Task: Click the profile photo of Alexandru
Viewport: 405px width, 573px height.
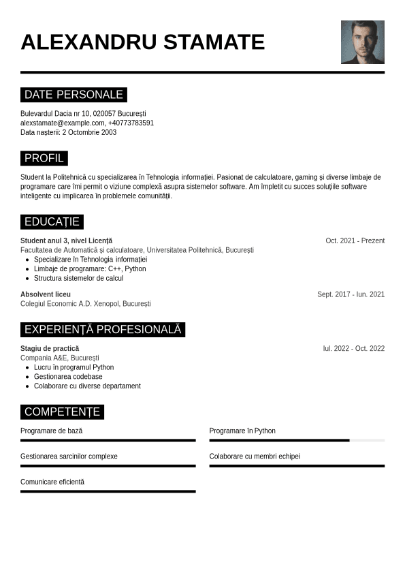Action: (362, 42)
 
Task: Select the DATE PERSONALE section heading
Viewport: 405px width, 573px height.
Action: (74, 95)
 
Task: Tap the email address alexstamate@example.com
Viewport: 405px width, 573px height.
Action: (63, 123)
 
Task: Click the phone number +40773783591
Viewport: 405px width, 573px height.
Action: (131, 123)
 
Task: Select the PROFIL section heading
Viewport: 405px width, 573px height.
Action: (44, 159)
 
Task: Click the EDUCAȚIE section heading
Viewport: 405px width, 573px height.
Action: (52, 222)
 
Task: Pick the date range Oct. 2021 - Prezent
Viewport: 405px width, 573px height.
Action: (355, 241)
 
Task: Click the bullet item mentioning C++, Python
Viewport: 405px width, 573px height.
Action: (90, 269)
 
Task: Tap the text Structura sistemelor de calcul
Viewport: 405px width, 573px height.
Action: (78, 278)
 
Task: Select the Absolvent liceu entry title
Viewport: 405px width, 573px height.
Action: (46, 294)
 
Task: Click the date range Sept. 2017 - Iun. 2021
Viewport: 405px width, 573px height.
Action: (351, 294)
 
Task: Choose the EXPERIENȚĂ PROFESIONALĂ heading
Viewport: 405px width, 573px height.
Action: (103, 330)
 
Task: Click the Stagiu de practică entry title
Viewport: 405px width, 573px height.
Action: (50, 349)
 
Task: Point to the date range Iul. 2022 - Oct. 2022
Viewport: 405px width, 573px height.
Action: (353, 349)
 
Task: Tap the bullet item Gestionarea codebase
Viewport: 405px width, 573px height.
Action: (68, 377)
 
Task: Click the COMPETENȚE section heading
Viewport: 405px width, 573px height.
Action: (62, 412)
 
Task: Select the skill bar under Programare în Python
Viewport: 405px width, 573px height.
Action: (297, 441)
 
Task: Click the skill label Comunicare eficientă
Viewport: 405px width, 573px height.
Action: (52, 482)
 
